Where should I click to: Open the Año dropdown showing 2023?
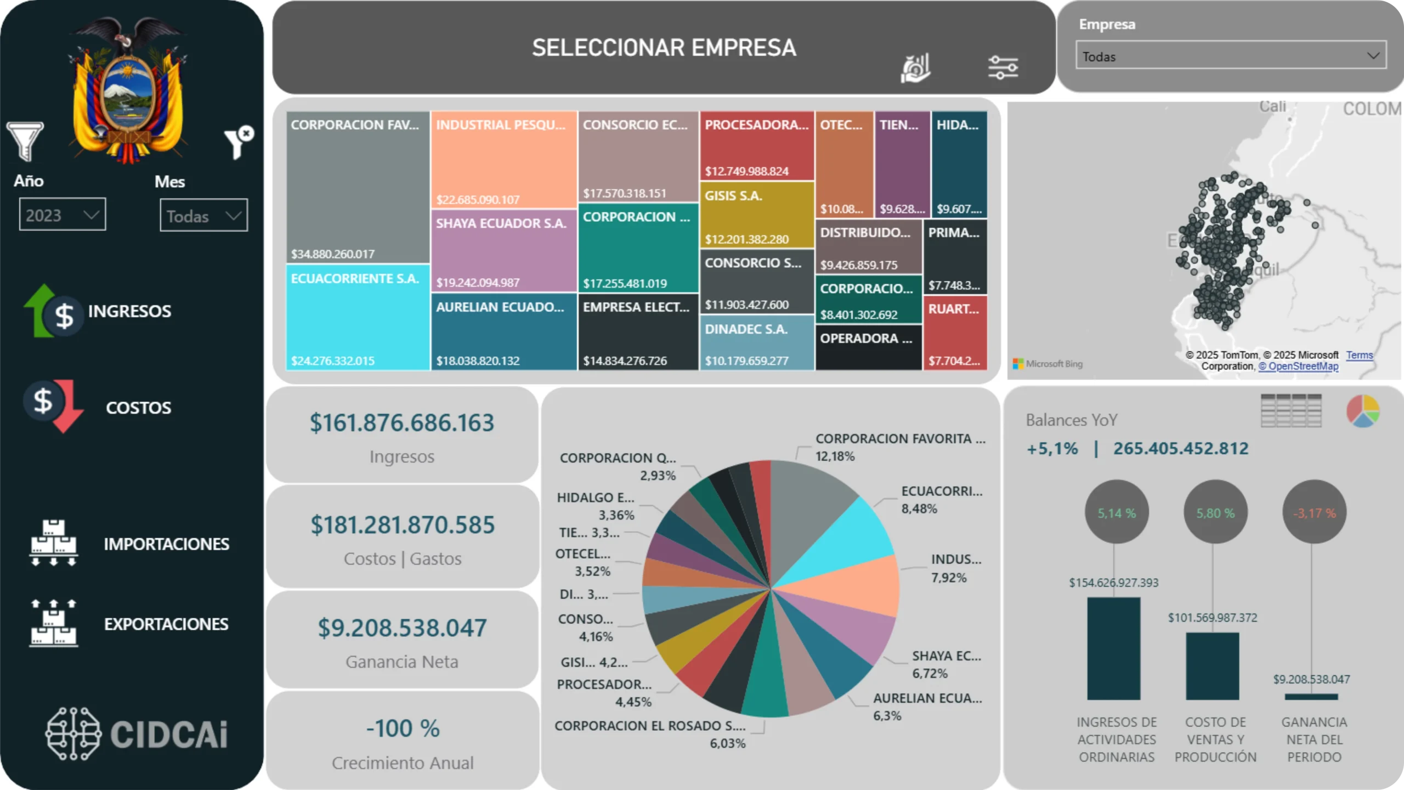63,215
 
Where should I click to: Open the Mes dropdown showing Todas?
203,216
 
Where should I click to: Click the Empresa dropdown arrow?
1373,55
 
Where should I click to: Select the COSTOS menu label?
138,408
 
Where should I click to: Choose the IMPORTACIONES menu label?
166,544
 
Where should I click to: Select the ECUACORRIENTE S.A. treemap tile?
358,318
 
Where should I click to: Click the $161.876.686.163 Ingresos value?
402,423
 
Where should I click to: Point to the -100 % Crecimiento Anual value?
403,729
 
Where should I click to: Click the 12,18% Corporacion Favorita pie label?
835,456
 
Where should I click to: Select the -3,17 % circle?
1314,512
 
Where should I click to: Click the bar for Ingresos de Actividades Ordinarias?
1113,648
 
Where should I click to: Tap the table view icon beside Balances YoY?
1291,410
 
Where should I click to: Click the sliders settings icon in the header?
1003,68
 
